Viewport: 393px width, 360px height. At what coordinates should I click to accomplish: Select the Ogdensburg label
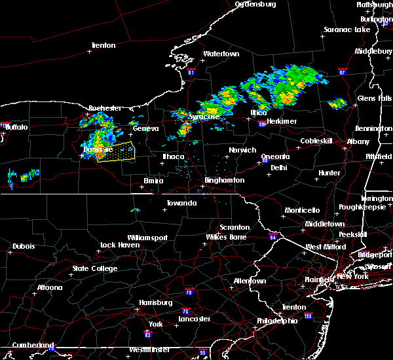(255, 4)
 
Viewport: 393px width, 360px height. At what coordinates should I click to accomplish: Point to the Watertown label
(221, 54)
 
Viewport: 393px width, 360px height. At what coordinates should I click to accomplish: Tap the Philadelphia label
(276, 321)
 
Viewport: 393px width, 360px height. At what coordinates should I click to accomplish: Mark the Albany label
(358, 141)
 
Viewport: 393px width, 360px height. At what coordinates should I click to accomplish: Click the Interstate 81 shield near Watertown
(191, 72)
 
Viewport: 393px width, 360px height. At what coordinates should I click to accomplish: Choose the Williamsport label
(147, 238)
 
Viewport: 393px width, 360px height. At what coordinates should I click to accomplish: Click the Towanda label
(181, 203)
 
